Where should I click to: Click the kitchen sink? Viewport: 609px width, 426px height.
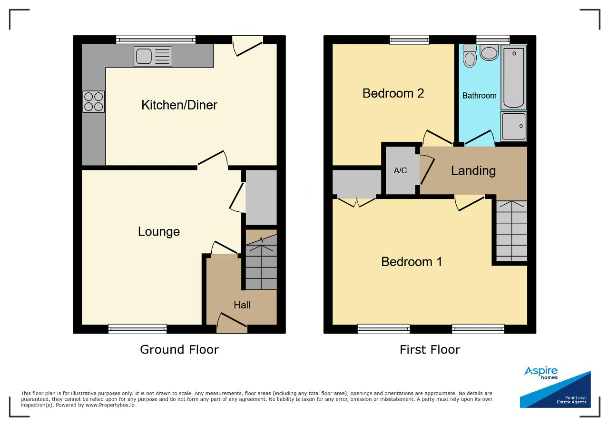coord(153,57)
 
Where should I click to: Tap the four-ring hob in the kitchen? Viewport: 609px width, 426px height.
coord(94,101)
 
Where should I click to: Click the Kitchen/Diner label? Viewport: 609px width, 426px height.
coord(179,105)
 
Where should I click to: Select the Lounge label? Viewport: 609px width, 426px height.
coord(159,232)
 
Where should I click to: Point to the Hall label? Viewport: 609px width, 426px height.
coord(242,305)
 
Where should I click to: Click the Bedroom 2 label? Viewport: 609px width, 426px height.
coord(393,93)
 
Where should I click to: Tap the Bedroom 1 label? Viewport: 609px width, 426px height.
coord(412,262)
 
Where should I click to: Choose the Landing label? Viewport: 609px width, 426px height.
coord(473,171)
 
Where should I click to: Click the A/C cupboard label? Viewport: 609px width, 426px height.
coord(400,170)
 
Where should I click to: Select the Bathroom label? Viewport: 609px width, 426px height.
coord(479,96)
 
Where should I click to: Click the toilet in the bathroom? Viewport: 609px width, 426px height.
coord(470,56)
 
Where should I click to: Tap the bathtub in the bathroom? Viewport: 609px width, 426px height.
coord(513,78)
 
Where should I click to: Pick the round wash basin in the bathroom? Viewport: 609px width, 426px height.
coord(489,52)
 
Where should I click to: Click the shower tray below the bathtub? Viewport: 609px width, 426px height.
coord(513,126)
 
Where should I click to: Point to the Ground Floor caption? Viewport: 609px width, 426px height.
coord(179,349)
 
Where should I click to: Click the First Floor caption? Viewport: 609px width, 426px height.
coord(430,349)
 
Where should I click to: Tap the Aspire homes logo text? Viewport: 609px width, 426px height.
coord(541,373)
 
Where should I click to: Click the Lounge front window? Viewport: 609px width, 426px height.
coord(138,329)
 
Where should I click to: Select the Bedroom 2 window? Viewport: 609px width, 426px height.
coord(410,40)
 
